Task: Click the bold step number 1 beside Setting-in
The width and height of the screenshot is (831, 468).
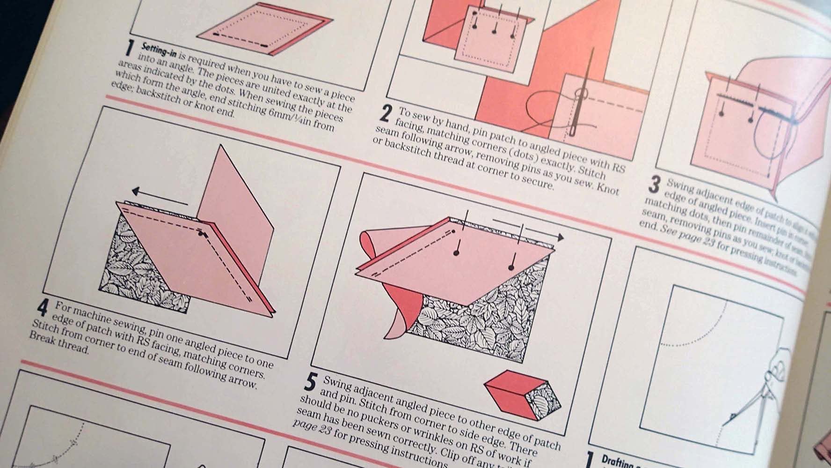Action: click(129, 50)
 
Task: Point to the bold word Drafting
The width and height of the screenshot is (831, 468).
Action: click(618, 463)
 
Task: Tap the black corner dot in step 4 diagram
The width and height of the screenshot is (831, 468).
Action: click(202, 232)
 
